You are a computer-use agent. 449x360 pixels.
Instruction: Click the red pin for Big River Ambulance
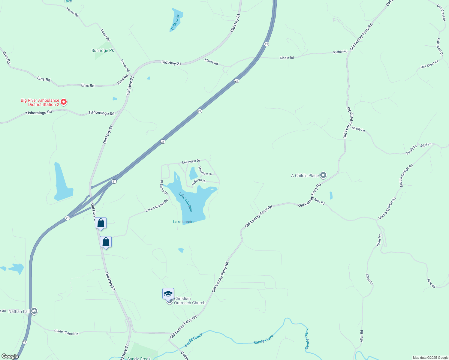click(x=64, y=102)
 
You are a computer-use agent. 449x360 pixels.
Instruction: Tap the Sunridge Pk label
click(x=103, y=50)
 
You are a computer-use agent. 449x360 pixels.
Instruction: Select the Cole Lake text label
click(x=175, y=22)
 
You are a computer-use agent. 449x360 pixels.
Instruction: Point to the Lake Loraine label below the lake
click(x=184, y=222)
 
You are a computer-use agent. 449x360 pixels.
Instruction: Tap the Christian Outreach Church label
click(x=190, y=301)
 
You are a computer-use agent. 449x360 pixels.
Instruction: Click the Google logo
click(x=10, y=356)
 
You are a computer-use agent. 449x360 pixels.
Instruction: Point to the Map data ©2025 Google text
click(x=430, y=358)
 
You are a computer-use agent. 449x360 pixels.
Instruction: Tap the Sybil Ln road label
click(x=426, y=145)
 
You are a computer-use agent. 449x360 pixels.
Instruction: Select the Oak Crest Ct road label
click(x=429, y=64)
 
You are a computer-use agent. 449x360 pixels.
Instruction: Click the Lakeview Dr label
click(x=191, y=162)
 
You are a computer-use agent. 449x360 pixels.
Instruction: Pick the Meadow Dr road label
click(x=205, y=171)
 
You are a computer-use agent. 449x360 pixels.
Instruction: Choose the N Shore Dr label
click(x=199, y=181)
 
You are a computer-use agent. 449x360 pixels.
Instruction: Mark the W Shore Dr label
click(x=164, y=187)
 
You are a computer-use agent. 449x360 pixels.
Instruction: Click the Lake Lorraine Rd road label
click(x=157, y=205)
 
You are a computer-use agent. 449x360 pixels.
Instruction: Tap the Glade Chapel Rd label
click(x=66, y=332)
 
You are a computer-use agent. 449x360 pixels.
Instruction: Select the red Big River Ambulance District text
click(x=40, y=102)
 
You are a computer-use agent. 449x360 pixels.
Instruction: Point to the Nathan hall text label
click(x=19, y=311)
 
